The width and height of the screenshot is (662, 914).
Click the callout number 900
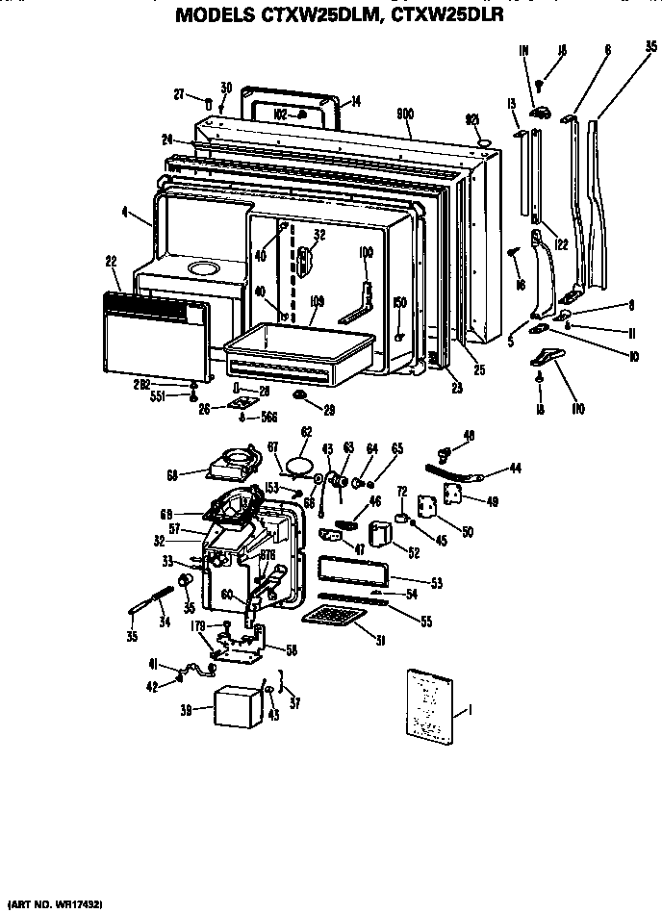pyautogui.click(x=405, y=114)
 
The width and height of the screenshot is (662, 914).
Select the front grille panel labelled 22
pyautogui.click(x=154, y=335)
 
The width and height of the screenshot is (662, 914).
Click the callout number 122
pyautogui.click(x=561, y=244)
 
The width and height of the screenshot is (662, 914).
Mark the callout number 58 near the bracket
pyautogui.click(x=291, y=651)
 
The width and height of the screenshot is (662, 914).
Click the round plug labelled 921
pyautogui.click(x=486, y=142)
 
